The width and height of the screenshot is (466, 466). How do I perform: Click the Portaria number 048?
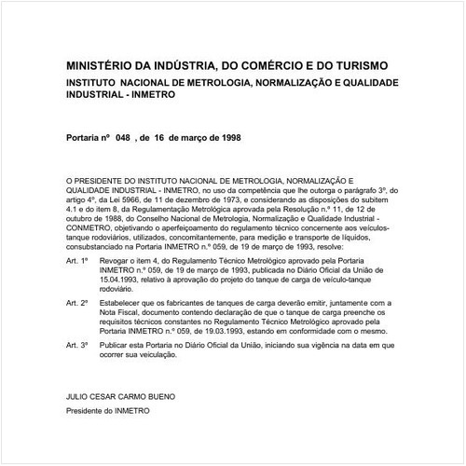tap(124, 135)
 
